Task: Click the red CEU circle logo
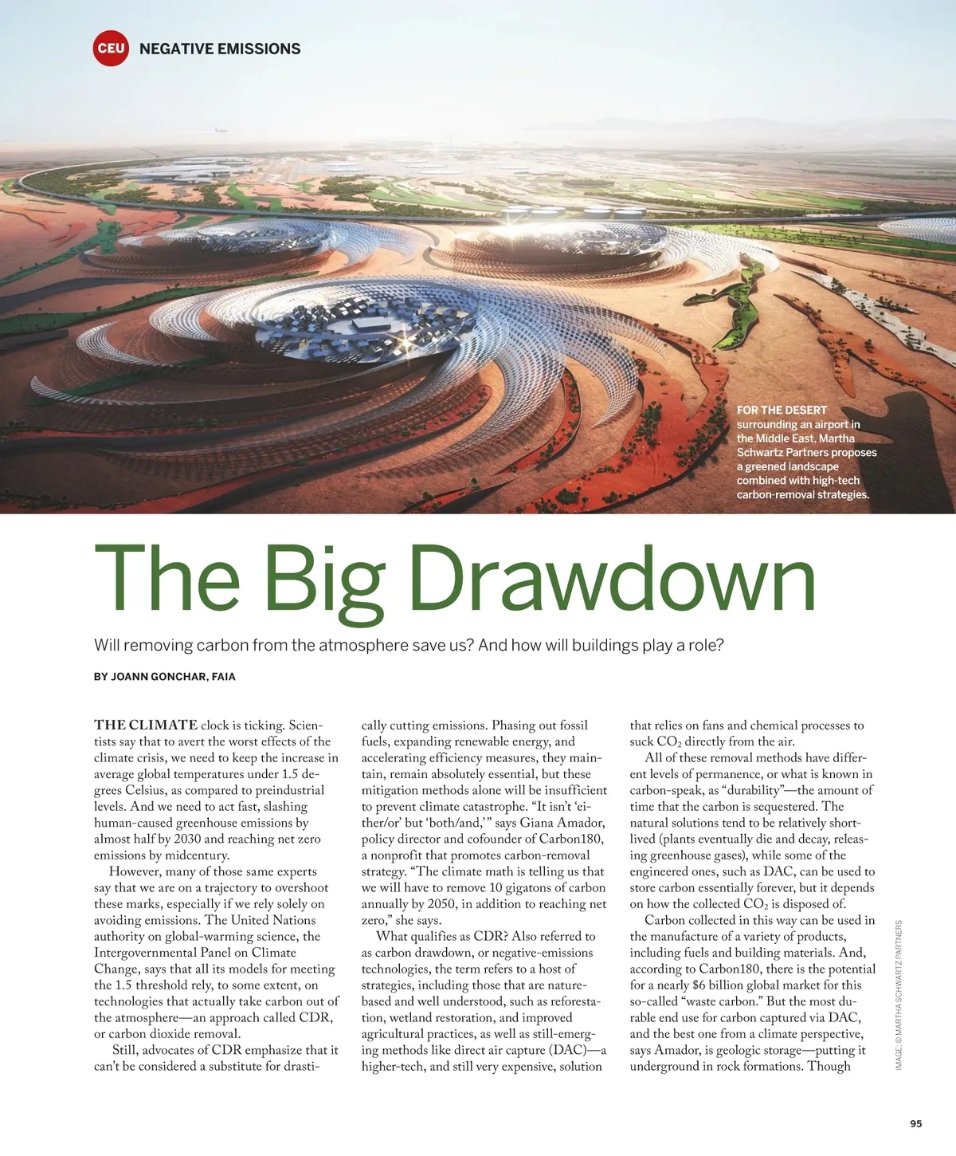click(x=111, y=48)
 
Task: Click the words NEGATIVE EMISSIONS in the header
click(x=220, y=49)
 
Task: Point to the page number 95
click(x=915, y=1123)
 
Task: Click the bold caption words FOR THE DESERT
click(x=782, y=410)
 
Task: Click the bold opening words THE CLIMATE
click(x=146, y=725)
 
